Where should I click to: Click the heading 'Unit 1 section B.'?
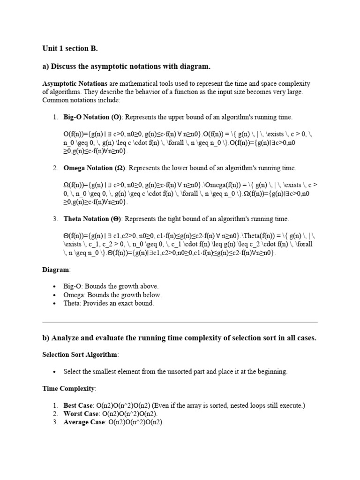point(70,48)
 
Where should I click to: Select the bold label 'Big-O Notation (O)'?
point(92,117)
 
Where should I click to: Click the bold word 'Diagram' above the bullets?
point(56,270)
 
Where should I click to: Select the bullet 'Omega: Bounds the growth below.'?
point(112,295)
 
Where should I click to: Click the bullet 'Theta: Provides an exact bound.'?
point(109,303)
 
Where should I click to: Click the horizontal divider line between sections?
point(180,322)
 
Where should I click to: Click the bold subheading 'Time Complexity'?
point(69,389)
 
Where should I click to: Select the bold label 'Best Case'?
point(79,405)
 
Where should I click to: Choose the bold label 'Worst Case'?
point(81,414)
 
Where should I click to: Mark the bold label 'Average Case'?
point(85,422)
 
